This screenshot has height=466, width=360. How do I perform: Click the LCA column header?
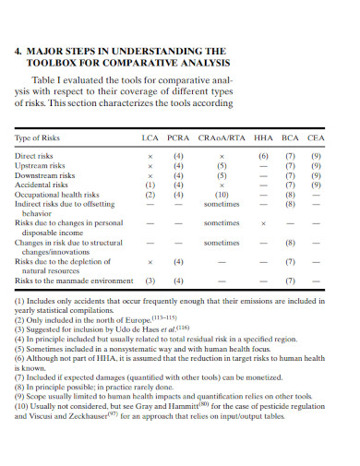[150, 137]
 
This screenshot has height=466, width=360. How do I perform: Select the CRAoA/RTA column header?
[222, 137]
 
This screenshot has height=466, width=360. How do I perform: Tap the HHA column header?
[264, 137]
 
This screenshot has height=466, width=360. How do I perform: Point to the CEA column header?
[317, 137]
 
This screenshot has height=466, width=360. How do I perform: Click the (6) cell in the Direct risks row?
[264, 157]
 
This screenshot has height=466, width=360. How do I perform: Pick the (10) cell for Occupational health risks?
[222, 196]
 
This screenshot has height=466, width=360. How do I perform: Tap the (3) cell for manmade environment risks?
[150, 281]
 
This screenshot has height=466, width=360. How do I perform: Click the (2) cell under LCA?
[150, 196]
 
